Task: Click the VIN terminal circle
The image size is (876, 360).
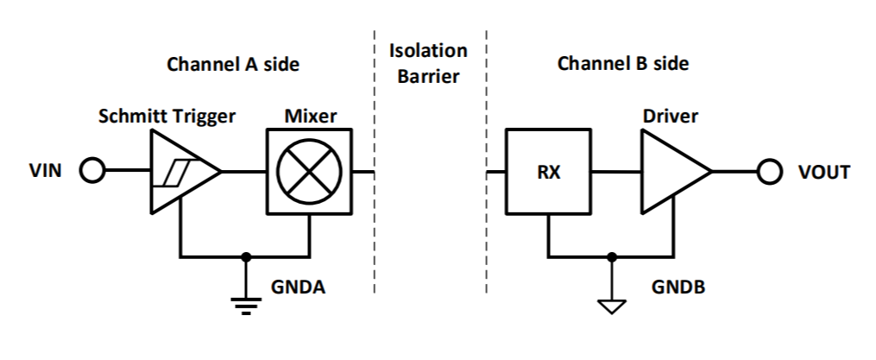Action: click(x=91, y=171)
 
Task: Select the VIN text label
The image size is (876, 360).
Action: click(x=45, y=171)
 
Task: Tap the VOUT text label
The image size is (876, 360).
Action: click(x=821, y=172)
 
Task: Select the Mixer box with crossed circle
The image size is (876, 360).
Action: click(x=308, y=171)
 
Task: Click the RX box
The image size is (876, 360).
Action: click(x=548, y=172)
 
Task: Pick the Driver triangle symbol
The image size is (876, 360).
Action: click(x=671, y=172)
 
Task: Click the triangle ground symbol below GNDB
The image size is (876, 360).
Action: click(x=612, y=304)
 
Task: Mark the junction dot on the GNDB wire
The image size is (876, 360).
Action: click(x=612, y=256)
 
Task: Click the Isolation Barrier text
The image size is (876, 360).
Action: click(x=428, y=62)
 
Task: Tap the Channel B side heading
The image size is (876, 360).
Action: click(x=623, y=64)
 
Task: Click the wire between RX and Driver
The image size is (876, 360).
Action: click(x=615, y=172)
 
